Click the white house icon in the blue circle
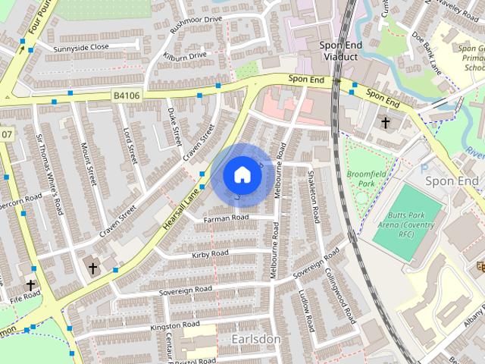[242, 175]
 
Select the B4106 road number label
[127, 95]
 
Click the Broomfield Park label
[366, 179]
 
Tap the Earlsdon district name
[257, 338]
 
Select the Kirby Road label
[210, 253]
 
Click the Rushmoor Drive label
[196, 19]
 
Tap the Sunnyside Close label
[81, 47]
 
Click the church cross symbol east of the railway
[385, 122]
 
